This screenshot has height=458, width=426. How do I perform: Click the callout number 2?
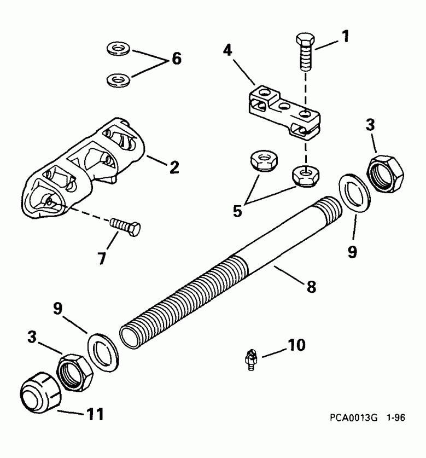[173, 167]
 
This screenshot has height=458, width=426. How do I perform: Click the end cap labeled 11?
[34, 392]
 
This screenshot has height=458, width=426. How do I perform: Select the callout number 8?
[311, 286]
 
